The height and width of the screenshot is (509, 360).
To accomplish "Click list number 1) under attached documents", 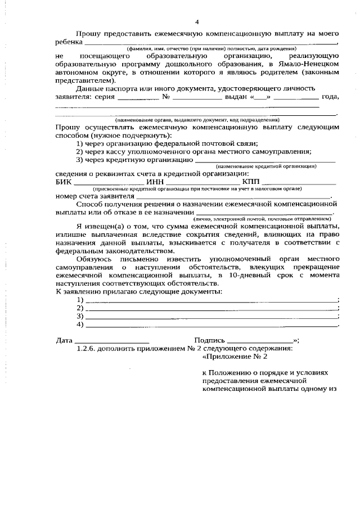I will tap(80, 300).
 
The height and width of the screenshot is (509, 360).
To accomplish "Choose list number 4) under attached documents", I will tap(80, 324).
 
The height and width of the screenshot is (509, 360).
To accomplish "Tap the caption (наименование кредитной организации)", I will tap(266, 166).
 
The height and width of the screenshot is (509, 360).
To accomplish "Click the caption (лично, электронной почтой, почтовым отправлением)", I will tap(262, 218).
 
